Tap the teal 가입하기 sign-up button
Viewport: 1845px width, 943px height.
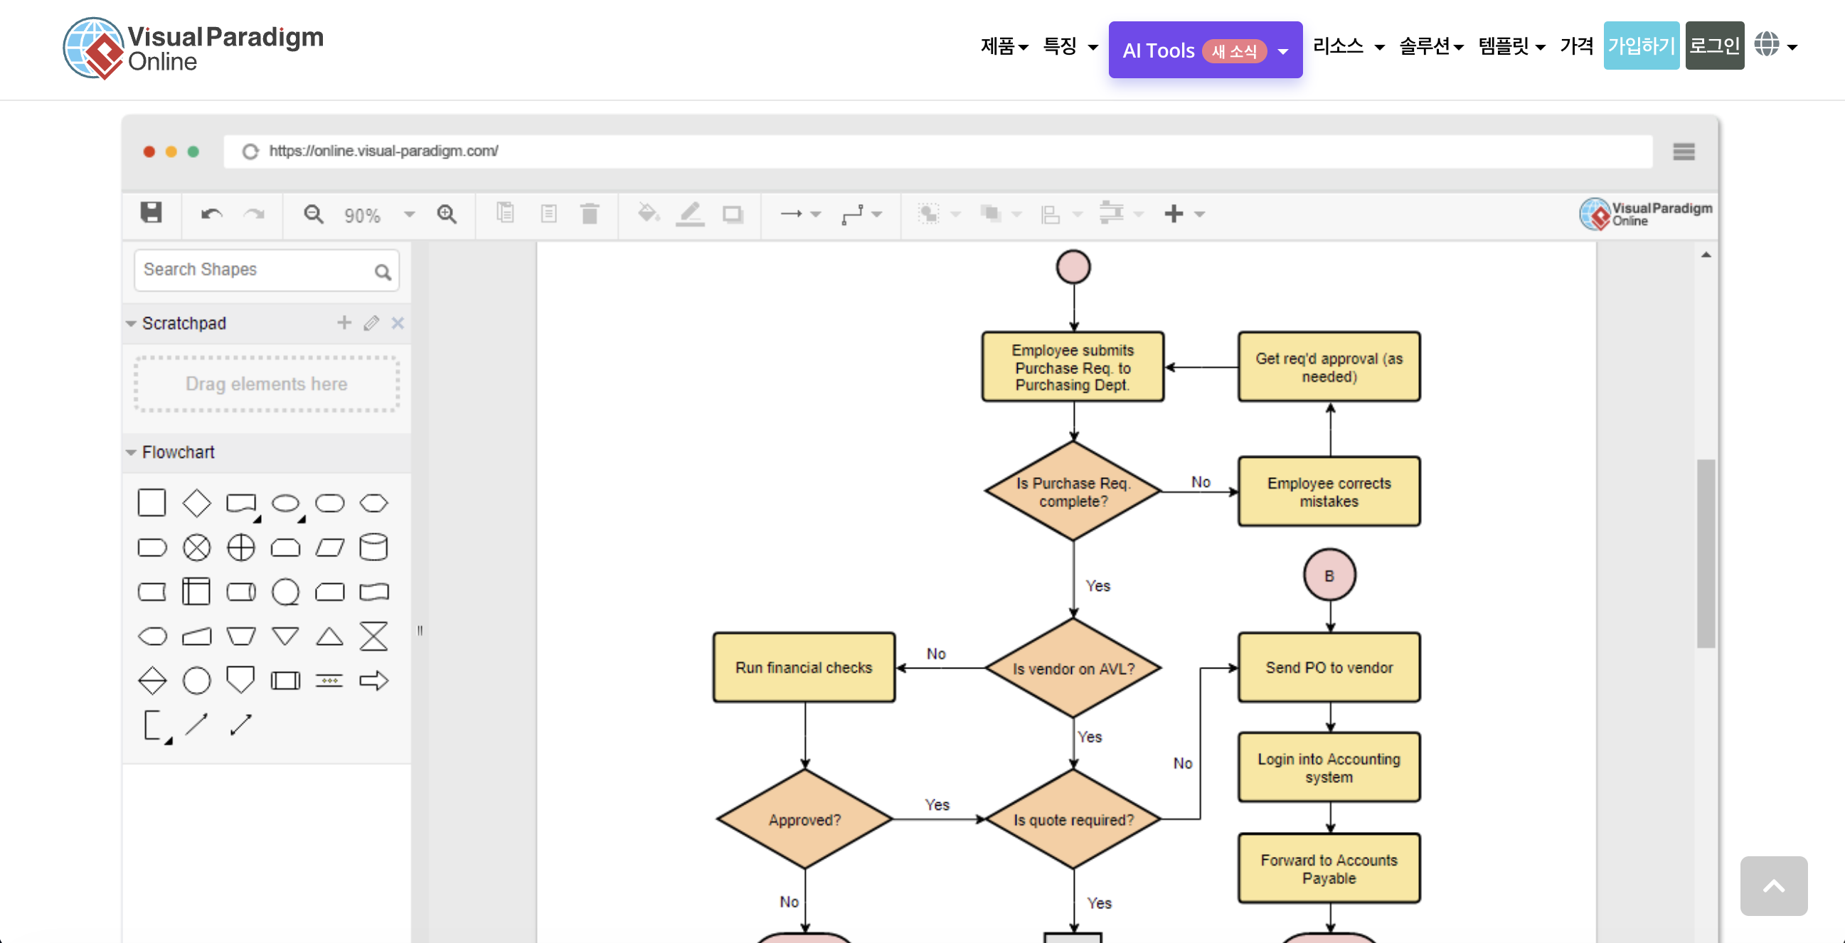(1640, 46)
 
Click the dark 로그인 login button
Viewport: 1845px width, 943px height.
(1714, 46)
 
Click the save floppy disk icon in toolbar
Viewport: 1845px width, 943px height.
(151, 213)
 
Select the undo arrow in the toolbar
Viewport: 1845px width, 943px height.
(211, 214)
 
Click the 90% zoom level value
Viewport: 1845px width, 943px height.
(363, 215)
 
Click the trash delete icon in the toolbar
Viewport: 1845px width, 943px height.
(590, 214)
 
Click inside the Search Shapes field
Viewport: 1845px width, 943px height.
(254, 270)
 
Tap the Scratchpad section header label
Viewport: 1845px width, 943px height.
(184, 323)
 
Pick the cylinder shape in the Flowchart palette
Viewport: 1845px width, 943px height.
(373, 548)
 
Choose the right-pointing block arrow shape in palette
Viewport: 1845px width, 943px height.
(373, 680)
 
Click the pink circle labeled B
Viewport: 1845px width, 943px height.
(1329, 575)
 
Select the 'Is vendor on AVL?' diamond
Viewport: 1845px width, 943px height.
(1073, 668)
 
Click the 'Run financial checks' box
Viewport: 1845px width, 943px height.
(804, 667)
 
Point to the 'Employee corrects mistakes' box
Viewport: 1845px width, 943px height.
(1329, 492)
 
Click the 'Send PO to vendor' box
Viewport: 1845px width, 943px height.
(1329, 667)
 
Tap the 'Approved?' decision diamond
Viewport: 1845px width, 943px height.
(804, 819)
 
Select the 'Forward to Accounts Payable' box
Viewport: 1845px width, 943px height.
(1329, 868)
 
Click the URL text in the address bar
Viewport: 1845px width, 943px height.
(383, 151)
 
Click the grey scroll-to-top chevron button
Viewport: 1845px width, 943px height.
(1772, 885)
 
